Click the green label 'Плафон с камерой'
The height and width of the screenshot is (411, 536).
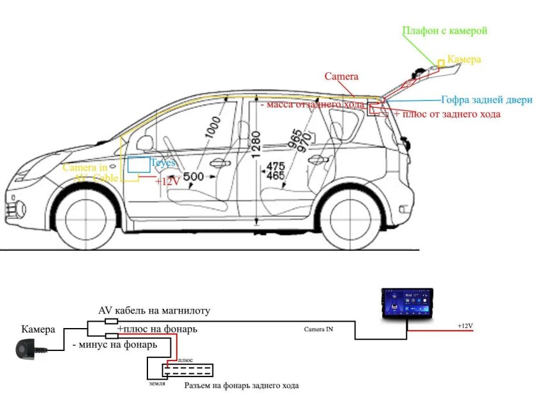445,31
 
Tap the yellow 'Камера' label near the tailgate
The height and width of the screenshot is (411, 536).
463,59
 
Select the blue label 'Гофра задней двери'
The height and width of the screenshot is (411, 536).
486,100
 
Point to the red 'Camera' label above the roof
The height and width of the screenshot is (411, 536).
341,77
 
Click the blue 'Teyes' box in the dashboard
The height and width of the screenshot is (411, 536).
138,164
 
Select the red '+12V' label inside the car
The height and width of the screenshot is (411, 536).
167,181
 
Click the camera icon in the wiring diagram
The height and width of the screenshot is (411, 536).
30,348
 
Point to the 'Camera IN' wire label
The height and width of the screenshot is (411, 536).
318,329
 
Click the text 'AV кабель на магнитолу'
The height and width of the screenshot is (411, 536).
154,311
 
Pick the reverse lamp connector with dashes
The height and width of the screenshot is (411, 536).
188,370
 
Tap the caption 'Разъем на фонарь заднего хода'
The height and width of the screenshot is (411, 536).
241,386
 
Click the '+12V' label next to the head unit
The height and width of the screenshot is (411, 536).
465,326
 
